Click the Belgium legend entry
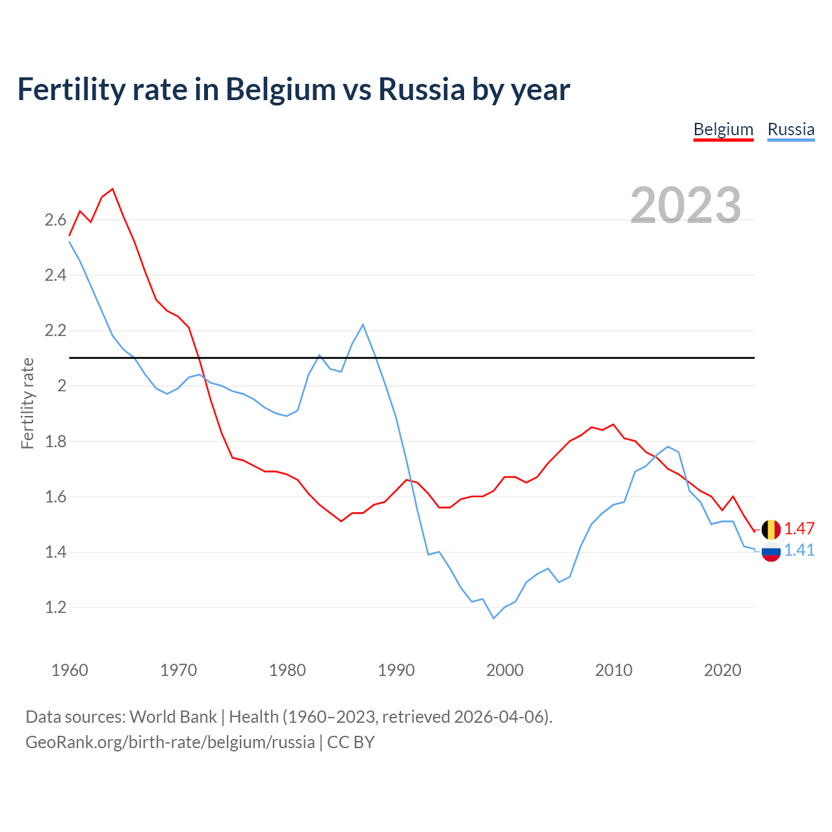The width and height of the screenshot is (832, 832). [x=723, y=129]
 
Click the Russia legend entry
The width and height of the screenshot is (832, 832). [x=790, y=129]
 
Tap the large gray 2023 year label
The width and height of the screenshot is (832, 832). [x=686, y=205]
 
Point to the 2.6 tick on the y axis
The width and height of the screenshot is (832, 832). [x=55, y=220]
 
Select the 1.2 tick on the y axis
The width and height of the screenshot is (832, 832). [x=55, y=608]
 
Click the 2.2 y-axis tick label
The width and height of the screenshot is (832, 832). [x=55, y=331]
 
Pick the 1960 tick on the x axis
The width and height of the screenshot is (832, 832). [x=70, y=670]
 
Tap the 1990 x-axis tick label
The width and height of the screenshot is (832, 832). [x=396, y=670]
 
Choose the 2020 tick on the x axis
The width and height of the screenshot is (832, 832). [x=722, y=670]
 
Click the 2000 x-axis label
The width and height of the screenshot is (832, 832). [x=504, y=670]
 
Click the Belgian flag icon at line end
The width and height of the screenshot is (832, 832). [x=771, y=530]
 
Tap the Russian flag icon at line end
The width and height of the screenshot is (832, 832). [x=771, y=552]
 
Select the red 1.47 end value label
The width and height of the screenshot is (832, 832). [x=799, y=528]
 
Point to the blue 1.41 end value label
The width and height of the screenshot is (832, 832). [x=799, y=551]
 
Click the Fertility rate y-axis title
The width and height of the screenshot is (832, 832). [x=27, y=403]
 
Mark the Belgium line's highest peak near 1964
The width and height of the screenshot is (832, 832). [x=112, y=189]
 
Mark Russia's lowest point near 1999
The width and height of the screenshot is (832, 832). [x=493, y=618]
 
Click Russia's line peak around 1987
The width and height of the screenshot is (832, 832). [x=363, y=324]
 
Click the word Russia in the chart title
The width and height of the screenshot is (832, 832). [x=421, y=90]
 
